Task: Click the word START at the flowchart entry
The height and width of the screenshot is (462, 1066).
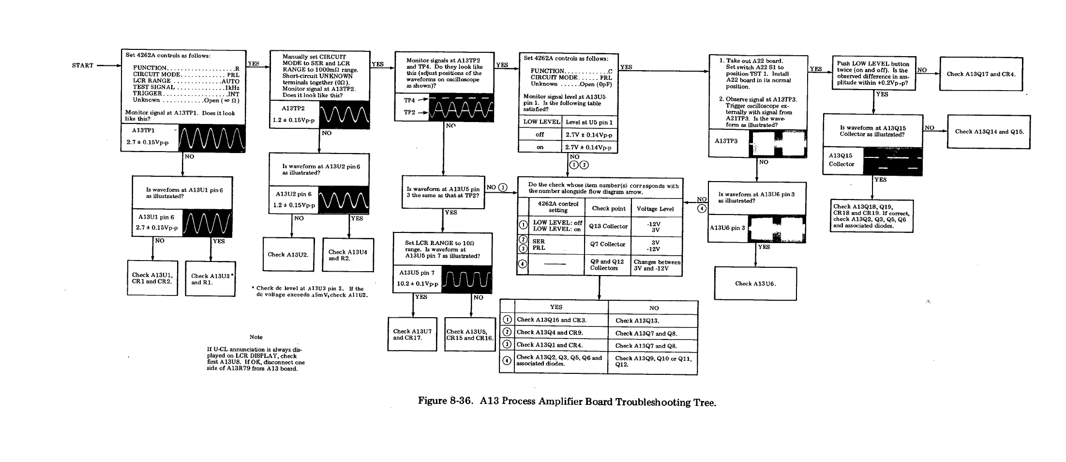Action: (82, 65)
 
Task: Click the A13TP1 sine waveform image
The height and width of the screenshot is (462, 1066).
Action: (212, 138)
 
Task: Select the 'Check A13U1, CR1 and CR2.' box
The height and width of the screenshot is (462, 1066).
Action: (152, 278)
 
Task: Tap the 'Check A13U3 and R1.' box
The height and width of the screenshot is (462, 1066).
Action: (210, 279)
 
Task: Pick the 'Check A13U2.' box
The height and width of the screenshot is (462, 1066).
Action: (288, 254)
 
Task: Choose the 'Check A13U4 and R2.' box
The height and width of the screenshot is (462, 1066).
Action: (348, 255)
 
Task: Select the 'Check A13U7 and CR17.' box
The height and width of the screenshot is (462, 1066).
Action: (412, 334)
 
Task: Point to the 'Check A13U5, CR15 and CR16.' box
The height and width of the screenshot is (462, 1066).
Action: (469, 335)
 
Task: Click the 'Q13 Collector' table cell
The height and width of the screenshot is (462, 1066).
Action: (608, 226)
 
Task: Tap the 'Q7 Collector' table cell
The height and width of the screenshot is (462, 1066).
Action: (608, 244)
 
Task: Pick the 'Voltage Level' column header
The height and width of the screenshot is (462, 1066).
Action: (655, 209)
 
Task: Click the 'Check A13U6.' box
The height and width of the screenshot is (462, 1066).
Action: (755, 284)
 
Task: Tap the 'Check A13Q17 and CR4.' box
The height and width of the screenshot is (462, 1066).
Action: (981, 74)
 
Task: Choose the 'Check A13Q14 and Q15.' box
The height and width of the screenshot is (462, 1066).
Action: (989, 132)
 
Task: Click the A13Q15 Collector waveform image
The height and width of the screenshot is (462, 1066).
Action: (893, 161)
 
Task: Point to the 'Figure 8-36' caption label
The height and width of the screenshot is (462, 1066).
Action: (444, 401)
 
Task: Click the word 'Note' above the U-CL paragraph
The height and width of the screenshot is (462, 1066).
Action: (256, 337)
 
